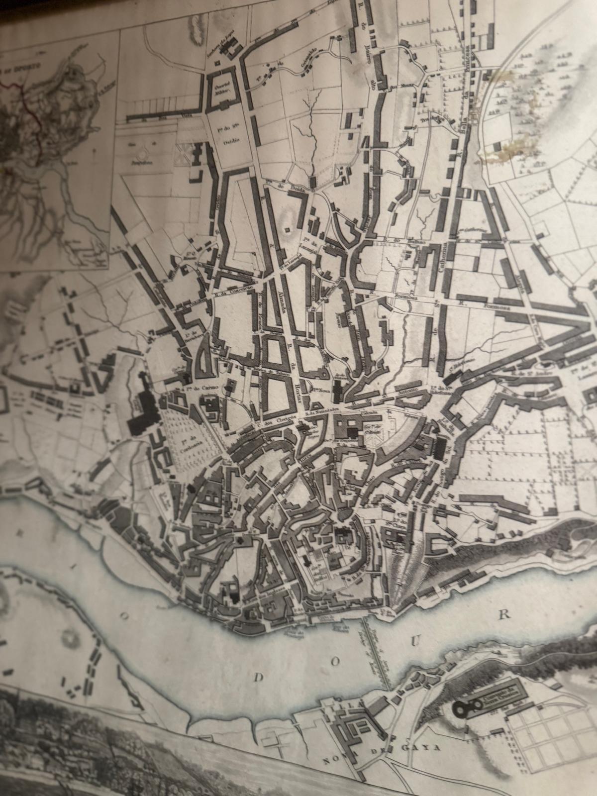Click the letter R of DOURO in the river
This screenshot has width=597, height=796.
[x=504, y=614]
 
